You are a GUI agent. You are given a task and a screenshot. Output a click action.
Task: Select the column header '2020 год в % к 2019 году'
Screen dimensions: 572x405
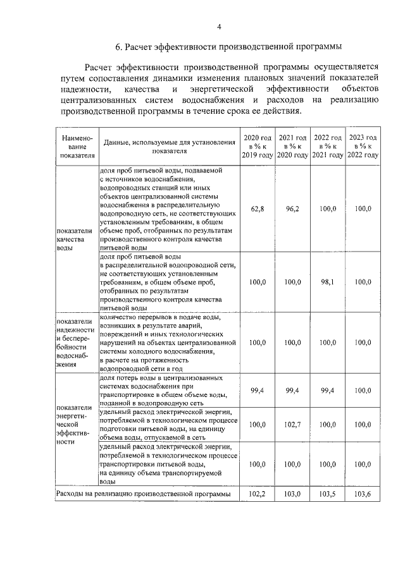pos(257,146)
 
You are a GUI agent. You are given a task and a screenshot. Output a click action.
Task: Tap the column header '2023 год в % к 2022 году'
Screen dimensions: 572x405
pos(363,146)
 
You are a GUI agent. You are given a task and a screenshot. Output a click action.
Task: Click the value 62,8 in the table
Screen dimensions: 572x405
pos(257,209)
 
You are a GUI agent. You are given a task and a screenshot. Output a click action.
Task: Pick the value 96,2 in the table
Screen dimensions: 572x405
pos(292,209)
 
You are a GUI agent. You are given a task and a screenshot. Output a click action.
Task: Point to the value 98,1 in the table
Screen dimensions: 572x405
pos(328,282)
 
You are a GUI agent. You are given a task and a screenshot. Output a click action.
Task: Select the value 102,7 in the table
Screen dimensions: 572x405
pos(292,425)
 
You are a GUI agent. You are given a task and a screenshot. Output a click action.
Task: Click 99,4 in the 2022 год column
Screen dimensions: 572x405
pos(328,391)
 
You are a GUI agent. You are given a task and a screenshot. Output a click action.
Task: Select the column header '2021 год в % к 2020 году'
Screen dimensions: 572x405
pos(292,146)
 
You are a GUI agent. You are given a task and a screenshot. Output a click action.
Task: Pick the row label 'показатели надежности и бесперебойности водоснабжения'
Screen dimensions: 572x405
pos(75,342)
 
